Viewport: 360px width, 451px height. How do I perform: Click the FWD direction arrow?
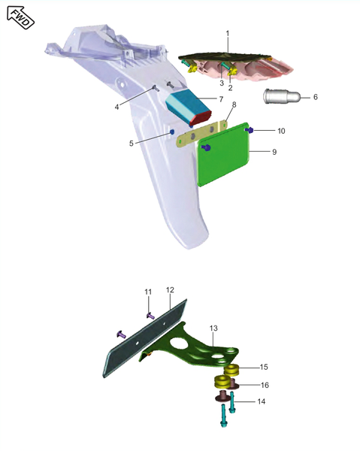pos(20,18)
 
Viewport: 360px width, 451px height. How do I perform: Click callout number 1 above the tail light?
pos(228,34)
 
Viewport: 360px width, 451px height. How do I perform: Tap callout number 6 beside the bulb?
pos(316,97)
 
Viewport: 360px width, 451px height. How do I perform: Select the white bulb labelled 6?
pos(282,96)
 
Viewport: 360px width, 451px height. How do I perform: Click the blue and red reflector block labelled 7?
pos(189,107)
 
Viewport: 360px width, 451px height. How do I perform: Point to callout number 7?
pos(221,99)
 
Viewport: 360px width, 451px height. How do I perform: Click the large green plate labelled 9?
pos(224,154)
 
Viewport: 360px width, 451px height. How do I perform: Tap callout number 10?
pos(281,131)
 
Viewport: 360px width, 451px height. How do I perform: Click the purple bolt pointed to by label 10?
pos(249,130)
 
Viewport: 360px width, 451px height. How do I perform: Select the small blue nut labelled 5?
pos(172,132)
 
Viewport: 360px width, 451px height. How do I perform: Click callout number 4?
pos(116,107)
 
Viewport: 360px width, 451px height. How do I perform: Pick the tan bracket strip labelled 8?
pos(202,134)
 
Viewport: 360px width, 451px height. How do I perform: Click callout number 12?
pos(170,290)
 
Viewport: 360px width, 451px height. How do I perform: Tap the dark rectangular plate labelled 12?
pos(145,338)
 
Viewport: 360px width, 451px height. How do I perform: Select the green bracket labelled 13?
pos(190,348)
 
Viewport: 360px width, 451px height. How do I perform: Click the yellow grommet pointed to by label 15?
pos(231,370)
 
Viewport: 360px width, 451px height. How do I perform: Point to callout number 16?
pos(265,385)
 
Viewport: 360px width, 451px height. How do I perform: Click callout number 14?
pos(261,401)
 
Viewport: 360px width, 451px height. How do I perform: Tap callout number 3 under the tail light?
pos(222,83)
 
